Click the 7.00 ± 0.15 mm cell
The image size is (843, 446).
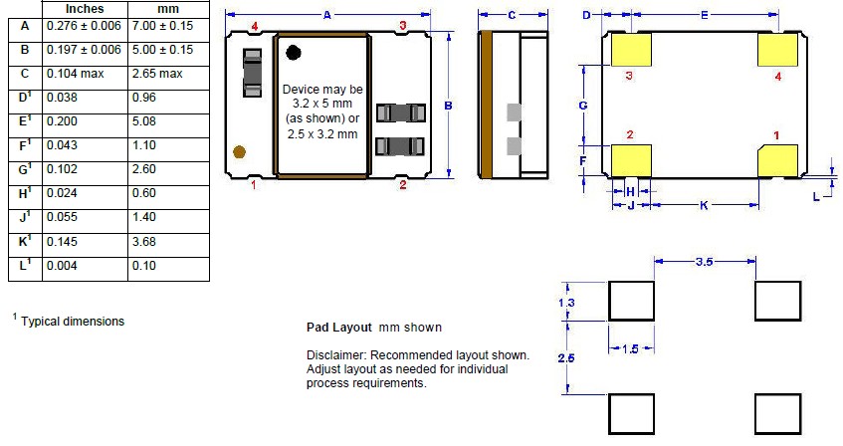[x=162, y=26]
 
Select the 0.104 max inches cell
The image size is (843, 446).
[x=76, y=74]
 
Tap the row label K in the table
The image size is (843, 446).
[x=25, y=241]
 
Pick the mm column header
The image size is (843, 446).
[x=168, y=9]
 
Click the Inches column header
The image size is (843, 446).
[x=85, y=9]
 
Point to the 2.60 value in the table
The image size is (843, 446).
[x=144, y=169]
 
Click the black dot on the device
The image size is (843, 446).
[x=293, y=52]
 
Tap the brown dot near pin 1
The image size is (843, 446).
[x=239, y=151]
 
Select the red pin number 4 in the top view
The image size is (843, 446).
[x=255, y=26]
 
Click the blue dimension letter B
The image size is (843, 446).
[x=449, y=106]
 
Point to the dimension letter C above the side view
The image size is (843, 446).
[x=512, y=15]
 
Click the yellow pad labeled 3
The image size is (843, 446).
[x=631, y=50]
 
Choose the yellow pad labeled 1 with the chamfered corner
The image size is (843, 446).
[x=777, y=161]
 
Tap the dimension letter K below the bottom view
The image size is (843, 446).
[x=704, y=205]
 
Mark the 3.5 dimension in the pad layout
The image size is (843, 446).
[x=704, y=262]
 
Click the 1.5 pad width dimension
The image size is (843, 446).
[x=631, y=349]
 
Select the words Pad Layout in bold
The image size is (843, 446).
[x=338, y=328]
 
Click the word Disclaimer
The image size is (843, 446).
[x=335, y=355]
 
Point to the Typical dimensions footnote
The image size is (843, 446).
[x=73, y=322]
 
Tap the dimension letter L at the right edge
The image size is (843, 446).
[x=816, y=197]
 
